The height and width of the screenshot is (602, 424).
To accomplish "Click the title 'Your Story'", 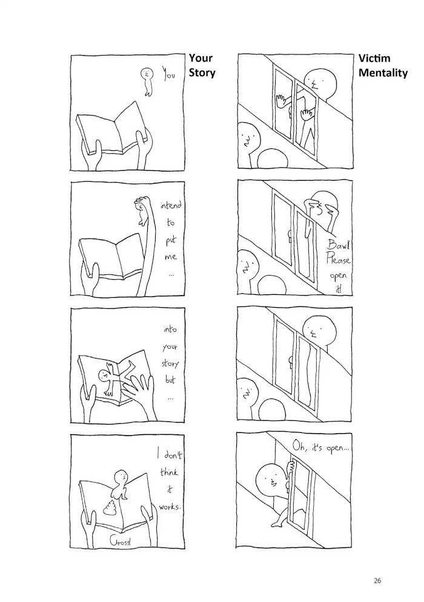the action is click(202, 65).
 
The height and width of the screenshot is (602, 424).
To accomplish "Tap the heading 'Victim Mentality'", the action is click(383, 65).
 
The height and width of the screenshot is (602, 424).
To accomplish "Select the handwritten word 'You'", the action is click(168, 73).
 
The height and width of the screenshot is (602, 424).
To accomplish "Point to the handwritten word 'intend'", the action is click(171, 205).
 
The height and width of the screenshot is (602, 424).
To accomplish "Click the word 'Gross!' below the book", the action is click(120, 541).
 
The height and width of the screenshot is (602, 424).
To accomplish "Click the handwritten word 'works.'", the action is click(169, 507).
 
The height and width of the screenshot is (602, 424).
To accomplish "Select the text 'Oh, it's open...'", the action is click(321, 446).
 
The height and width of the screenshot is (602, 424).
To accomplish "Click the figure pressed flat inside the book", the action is click(114, 376).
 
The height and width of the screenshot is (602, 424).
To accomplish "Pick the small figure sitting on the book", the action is click(120, 485).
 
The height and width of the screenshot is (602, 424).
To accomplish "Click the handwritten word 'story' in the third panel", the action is click(170, 363).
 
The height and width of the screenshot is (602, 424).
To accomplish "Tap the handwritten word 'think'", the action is click(169, 472).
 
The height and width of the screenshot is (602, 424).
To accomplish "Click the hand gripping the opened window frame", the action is click(291, 467).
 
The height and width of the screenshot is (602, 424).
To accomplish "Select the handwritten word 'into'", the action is click(170, 329).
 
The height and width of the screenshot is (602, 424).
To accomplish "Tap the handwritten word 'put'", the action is click(171, 240).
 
